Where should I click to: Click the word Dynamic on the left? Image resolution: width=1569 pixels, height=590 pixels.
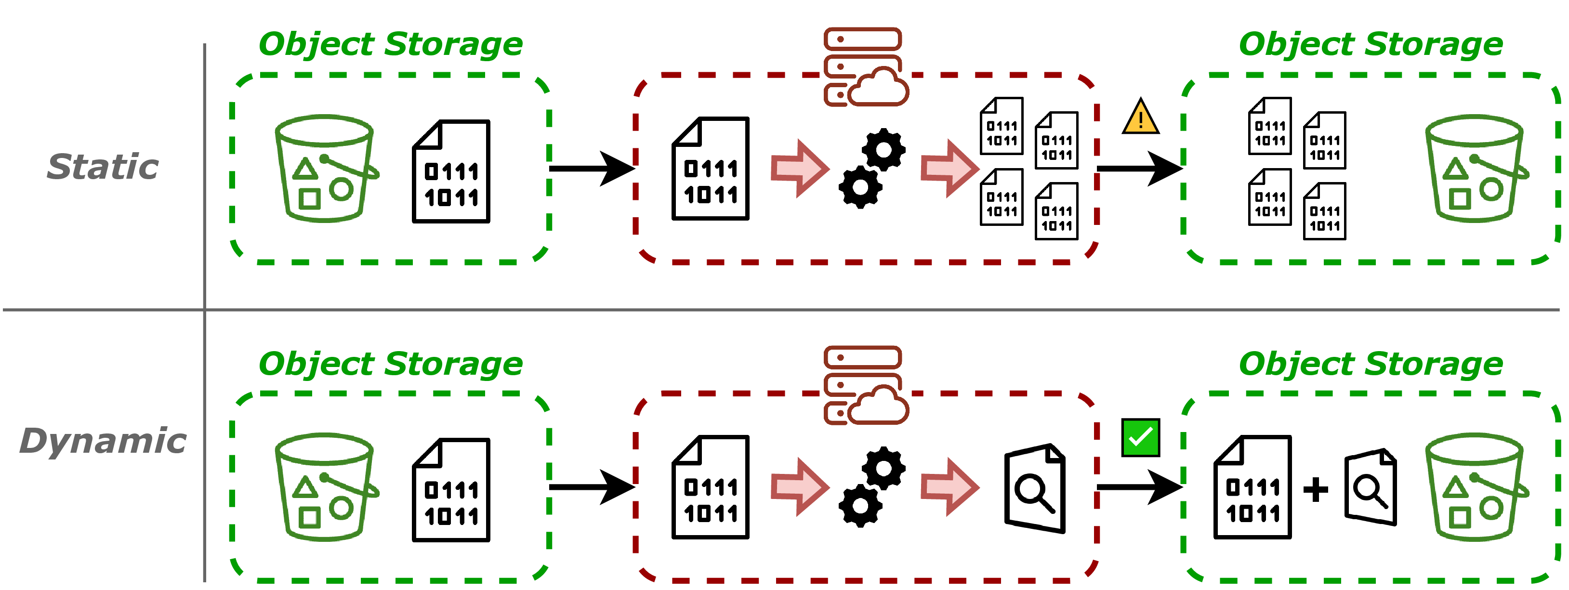(x=102, y=441)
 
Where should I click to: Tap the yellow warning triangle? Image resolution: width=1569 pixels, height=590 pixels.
(x=1140, y=118)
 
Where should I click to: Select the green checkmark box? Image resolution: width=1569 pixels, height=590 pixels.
(x=1140, y=437)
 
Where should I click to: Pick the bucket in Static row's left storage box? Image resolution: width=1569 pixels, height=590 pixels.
(x=325, y=168)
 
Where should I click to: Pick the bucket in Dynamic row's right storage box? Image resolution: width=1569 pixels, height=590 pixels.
(x=1475, y=487)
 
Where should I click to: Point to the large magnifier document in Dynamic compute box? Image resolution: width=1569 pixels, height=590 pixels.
(x=1035, y=489)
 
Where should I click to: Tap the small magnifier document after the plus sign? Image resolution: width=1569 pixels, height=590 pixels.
(x=1371, y=487)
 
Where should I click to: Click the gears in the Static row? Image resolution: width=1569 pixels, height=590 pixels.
(x=872, y=168)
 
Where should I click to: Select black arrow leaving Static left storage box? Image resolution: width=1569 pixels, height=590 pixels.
(x=591, y=168)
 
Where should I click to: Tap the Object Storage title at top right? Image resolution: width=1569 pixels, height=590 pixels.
(x=1371, y=44)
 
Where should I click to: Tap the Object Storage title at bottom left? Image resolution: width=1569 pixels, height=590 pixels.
(x=390, y=364)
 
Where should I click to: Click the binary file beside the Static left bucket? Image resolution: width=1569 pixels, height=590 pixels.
(x=451, y=172)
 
